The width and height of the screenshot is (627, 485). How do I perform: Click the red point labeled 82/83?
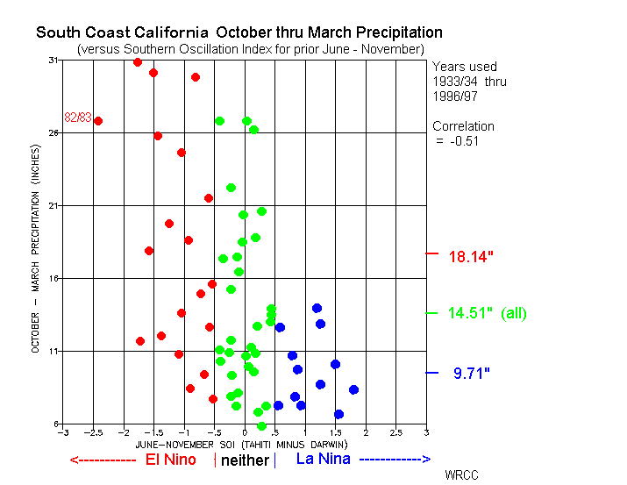[x=98, y=121]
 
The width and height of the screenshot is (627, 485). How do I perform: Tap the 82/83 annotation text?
[x=78, y=118]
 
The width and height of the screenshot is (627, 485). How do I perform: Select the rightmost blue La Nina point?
[x=353, y=389]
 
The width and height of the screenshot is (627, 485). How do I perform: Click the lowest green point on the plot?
[x=261, y=426]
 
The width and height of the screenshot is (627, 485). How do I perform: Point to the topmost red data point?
[x=138, y=62]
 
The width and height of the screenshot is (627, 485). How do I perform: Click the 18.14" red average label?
[x=471, y=257]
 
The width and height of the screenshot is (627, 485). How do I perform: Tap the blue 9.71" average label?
[x=472, y=373]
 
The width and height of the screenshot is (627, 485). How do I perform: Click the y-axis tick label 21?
[x=53, y=205]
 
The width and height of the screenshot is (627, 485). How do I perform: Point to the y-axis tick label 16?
[x=53, y=278]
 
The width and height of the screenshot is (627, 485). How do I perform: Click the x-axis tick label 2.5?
[x=395, y=432]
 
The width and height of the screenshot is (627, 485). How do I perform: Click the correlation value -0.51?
[x=464, y=141]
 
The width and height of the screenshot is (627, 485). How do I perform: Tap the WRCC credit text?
[x=461, y=475]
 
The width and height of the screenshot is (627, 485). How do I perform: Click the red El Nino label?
[x=171, y=460]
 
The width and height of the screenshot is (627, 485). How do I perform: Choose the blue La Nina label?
[x=323, y=459]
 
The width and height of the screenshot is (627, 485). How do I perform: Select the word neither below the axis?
[x=245, y=460]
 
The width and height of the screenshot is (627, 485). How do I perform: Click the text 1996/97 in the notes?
[x=455, y=96]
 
